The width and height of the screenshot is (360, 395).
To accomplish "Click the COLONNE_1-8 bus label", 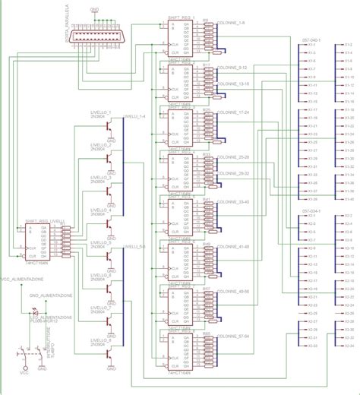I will pyautogui.click(x=230, y=24).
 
